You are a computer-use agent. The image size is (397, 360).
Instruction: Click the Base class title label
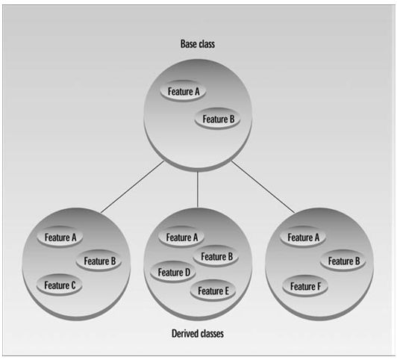198,44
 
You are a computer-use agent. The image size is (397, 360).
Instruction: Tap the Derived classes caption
198,333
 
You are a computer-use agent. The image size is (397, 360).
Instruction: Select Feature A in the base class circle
183,91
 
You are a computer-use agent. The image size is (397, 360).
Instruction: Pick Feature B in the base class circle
217,119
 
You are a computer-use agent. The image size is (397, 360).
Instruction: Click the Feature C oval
60,285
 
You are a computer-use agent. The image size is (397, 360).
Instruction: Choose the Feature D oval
173,273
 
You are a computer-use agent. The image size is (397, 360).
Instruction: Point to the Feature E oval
213,291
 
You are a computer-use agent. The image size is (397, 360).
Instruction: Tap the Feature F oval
305,286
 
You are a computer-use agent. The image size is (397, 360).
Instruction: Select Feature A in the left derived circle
60,237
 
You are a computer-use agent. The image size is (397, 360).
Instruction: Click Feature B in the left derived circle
99,261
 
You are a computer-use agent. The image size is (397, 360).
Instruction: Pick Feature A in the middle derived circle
181,237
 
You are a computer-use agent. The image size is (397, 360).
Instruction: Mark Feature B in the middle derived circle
216,256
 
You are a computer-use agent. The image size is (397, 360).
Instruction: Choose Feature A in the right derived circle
303,237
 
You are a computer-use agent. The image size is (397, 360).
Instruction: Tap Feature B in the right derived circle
343,261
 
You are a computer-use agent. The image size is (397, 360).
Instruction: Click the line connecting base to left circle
132,187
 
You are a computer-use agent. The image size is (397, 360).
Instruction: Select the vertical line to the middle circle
198,189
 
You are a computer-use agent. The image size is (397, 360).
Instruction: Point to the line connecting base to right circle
263,187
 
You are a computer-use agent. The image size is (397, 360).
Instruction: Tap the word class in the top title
207,44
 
